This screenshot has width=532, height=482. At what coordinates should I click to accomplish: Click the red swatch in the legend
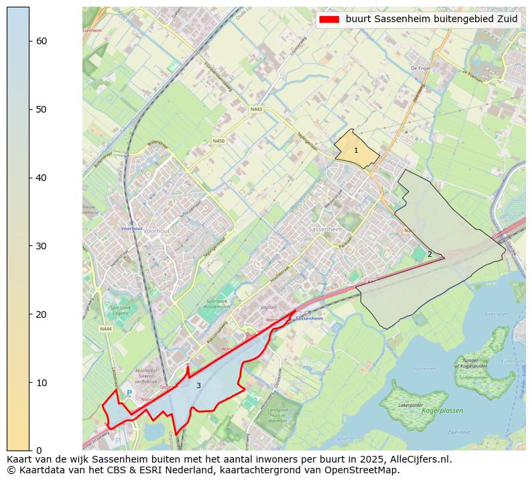pos(330,19)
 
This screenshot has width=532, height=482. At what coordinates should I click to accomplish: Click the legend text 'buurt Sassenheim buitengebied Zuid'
pos(431,19)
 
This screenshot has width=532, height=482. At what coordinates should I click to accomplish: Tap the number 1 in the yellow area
pos(356,151)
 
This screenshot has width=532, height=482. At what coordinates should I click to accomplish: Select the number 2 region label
pos(429,254)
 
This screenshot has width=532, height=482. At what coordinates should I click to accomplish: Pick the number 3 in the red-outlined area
pos(198,385)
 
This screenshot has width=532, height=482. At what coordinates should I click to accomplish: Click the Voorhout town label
pos(157,231)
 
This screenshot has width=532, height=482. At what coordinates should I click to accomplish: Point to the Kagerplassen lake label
pos(442,410)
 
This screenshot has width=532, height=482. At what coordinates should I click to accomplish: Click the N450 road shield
pos(218,141)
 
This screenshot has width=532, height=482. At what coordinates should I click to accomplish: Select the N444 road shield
pos(105,329)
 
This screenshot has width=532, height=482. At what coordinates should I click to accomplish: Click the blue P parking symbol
pos(129,394)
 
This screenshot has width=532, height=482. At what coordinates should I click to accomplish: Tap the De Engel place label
pos(419,68)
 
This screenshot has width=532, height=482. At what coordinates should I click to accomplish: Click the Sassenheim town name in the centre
pos(325,229)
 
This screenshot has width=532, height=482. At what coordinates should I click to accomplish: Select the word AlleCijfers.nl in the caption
pos(417,460)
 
